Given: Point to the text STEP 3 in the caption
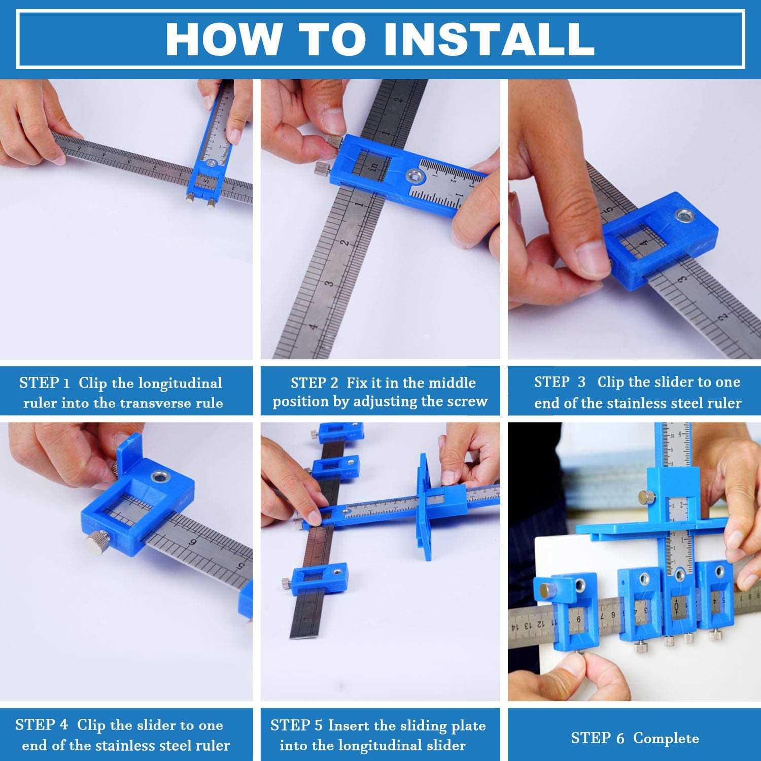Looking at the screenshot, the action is coord(560,382).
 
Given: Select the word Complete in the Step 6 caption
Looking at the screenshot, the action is coord(666,738).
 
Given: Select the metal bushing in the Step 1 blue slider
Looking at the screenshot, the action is coord(210,163).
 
